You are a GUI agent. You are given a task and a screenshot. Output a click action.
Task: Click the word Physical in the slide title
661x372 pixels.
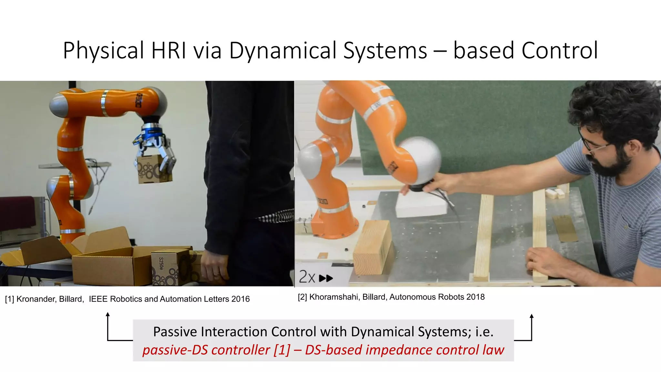(103, 51)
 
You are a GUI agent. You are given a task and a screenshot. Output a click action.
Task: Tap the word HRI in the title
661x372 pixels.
(168, 51)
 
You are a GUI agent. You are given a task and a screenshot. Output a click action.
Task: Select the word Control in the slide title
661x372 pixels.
(560, 51)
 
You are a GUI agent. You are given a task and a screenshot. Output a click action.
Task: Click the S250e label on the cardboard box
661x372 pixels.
(161, 263)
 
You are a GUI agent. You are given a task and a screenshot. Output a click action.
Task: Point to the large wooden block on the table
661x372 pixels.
(373, 247)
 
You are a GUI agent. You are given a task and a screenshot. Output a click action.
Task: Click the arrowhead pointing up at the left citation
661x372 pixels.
(108, 314)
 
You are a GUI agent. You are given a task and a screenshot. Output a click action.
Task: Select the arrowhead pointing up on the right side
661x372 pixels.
(532, 316)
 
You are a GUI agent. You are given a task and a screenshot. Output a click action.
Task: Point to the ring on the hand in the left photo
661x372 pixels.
(216, 275)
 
